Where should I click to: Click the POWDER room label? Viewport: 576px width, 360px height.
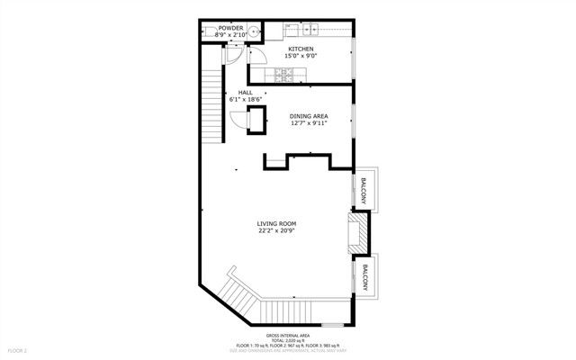tap(229, 28)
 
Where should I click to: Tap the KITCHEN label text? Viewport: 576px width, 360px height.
tap(300, 49)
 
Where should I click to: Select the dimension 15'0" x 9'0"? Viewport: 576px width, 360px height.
tap(300, 56)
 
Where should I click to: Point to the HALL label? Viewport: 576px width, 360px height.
tap(245, 92)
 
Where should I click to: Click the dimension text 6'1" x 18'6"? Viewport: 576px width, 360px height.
tap(245, 99)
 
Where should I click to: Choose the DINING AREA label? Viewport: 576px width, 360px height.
tap(308, 116)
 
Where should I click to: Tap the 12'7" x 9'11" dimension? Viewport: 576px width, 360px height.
tap(308, 123)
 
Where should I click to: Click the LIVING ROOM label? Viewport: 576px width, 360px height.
tap(276, 223)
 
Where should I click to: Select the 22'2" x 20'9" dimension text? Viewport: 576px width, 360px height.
tap(276, 230)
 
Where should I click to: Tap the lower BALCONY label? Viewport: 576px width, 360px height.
tap(365, 278)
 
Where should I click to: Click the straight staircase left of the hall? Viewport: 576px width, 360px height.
tap(211, 108)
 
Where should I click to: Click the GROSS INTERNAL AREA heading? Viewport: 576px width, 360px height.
tap(287, 334)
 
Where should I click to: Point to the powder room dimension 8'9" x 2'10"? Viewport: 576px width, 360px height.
tap(229, 35)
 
